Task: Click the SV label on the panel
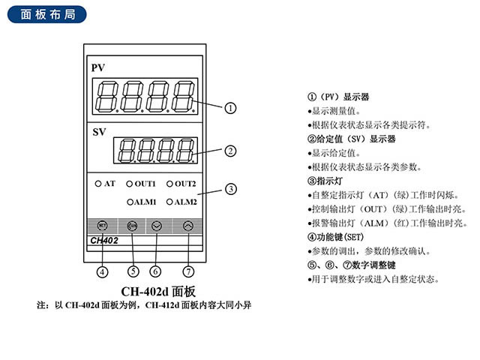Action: [99, 132]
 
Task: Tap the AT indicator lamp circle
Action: [98, 183]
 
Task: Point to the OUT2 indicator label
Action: [184, 184]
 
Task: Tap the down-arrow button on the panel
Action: [156, 225]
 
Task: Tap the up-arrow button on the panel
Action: [187, 225]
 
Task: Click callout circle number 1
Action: [231, 107]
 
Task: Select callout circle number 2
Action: [231, 151]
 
